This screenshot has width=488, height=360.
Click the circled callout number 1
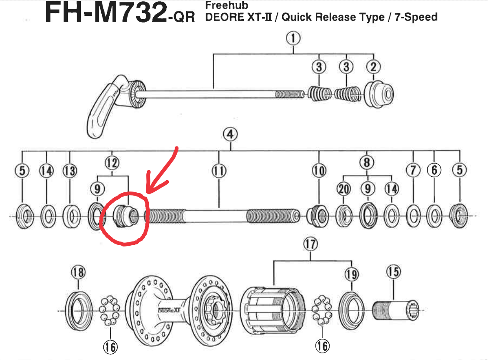[x=293, y=39]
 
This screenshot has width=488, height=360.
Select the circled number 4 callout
[x=230, y=135]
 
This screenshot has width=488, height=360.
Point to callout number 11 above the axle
[x=218, y=170]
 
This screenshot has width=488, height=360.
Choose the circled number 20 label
[x=343, y=189]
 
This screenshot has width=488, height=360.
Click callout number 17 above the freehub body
[x=310, y=245]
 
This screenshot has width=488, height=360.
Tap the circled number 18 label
[x=78, y=273]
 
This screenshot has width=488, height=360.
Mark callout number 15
[x=393, y=272]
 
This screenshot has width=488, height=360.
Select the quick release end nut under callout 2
[x=378, y=94]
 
